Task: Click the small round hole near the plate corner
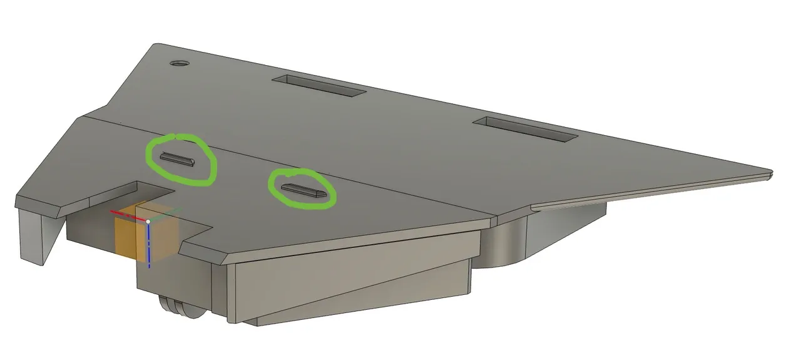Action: coord(180,64)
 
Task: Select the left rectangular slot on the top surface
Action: coord(319,86)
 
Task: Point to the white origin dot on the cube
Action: coord(148,222)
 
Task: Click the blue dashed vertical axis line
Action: coord(149,247)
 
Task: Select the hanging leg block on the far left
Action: coord(34,235)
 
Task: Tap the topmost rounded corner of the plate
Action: coord(156,45)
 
